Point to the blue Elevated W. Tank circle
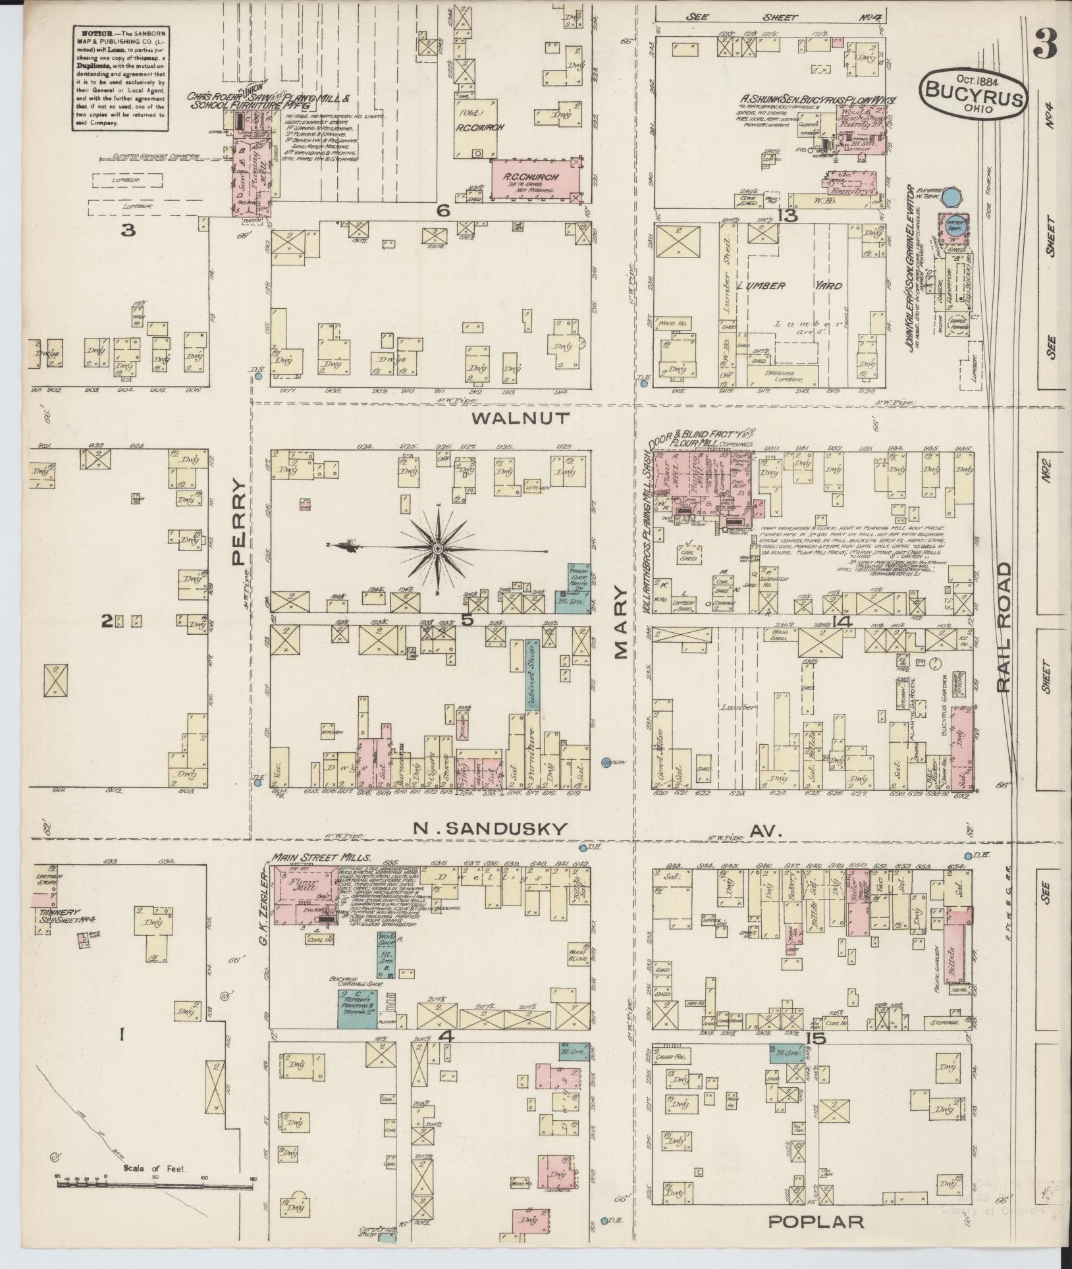tap(951, 196)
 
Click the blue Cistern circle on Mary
tap(607, 763)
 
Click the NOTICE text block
tap(119, 78)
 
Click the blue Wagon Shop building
tap(578, 583)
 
